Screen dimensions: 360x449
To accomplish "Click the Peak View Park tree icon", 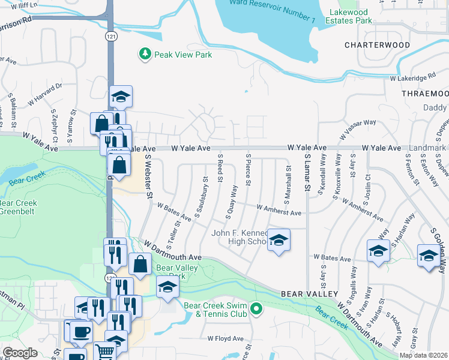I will pos(145,55).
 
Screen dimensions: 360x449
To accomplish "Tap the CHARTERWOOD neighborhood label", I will pos(377,45).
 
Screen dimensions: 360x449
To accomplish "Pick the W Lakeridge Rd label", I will pos(412,78).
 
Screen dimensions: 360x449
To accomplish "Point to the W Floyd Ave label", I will pos(225,338).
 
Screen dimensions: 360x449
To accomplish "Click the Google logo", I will pos(20,352).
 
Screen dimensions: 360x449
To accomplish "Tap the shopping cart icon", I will pos(104,352).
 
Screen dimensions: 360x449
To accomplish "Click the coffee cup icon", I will pos(81,331).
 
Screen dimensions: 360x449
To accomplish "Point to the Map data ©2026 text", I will pos(423,355).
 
